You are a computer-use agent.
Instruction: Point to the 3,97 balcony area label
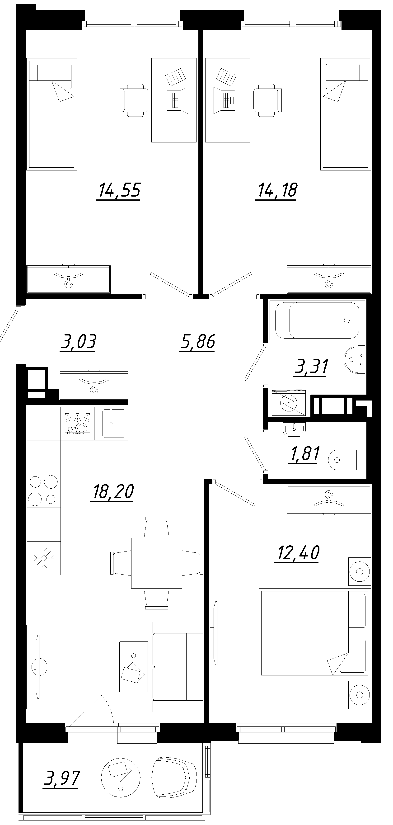[61, 778]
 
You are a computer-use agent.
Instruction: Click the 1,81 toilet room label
[304, 454]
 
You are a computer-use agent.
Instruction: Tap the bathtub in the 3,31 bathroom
[317, 320]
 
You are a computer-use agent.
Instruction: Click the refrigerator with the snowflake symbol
[43, 558]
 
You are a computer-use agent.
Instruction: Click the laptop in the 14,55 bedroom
[177, 100]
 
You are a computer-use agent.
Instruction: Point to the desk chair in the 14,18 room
[267, 100]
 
